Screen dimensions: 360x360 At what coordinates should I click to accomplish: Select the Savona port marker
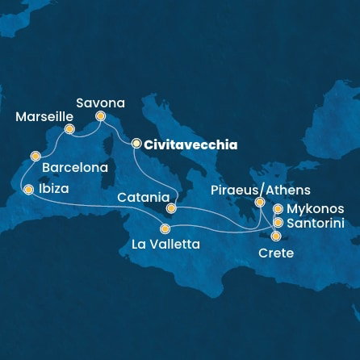coord(101,116)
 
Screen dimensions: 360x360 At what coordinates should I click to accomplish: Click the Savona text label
coord(100,103)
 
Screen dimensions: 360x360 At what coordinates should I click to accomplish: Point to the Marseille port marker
coord(70,129)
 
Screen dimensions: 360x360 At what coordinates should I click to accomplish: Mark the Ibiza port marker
coord(29,190)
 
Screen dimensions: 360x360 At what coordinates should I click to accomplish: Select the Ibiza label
coord(53,190)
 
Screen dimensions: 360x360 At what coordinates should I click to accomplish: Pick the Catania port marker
coord(171,208)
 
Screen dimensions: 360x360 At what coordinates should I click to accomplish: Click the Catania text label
coord(142,197)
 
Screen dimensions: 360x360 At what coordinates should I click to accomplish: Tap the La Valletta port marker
coord(165,228)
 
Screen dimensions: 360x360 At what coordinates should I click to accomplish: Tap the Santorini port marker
coord(278,222)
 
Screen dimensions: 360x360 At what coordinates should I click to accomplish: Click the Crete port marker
coord(276,237)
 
